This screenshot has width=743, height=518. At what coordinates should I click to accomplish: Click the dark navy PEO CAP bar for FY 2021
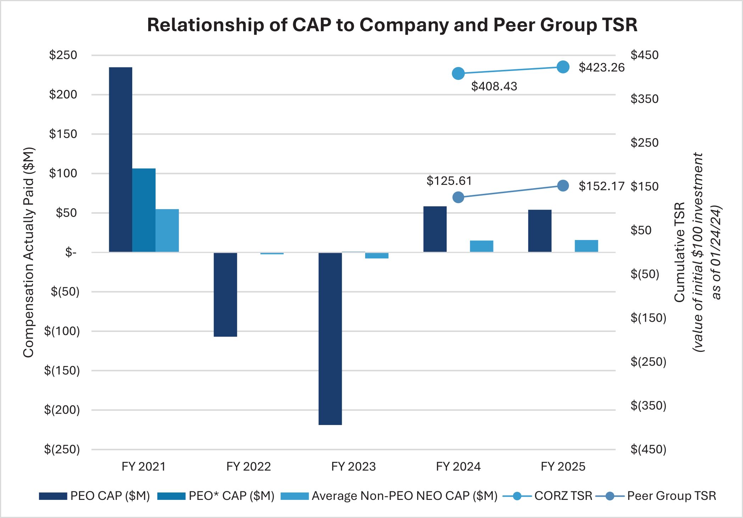click(121, 159)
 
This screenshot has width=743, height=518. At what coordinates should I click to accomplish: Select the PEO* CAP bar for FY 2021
click(144, 210)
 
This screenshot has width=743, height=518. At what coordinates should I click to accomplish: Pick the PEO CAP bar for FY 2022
click(225, 294)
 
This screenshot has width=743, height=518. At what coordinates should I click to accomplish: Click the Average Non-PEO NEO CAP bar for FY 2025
click(586, 246)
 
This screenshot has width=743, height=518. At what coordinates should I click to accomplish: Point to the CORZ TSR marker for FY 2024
click(458, 74)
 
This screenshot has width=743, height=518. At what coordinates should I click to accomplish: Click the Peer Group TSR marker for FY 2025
click(563, 186)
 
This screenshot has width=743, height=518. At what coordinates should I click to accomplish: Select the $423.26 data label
click(601, 67)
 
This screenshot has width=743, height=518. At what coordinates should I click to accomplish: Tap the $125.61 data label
click(449, 181)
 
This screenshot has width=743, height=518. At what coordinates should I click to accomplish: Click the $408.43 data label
click(494, 86)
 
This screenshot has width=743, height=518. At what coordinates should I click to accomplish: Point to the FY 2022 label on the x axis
click(248, 466)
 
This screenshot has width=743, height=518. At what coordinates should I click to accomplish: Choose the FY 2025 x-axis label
click(563, 466)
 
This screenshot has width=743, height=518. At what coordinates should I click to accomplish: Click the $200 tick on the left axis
click(63, 94)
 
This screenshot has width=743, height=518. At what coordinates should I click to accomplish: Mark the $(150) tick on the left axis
click(62, 370)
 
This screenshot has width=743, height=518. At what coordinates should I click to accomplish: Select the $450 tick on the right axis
click(644, 55)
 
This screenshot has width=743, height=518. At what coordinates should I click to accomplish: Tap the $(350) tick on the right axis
click(648, 405)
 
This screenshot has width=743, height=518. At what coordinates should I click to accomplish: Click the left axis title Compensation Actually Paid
click(28, 252)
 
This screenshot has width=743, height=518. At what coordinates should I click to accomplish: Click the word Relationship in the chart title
click(205, 25)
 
